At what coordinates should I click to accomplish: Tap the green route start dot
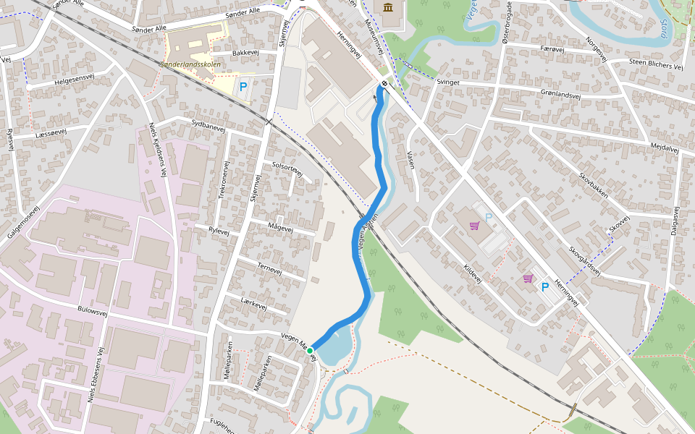point(310,350)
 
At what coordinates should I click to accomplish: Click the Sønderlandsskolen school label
point(190,64)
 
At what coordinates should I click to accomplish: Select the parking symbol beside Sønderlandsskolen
point(243,87)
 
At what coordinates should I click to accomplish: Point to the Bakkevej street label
point(245,53)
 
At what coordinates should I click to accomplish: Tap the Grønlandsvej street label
point(560,94)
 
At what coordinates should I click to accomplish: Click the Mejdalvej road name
point(664,148)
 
